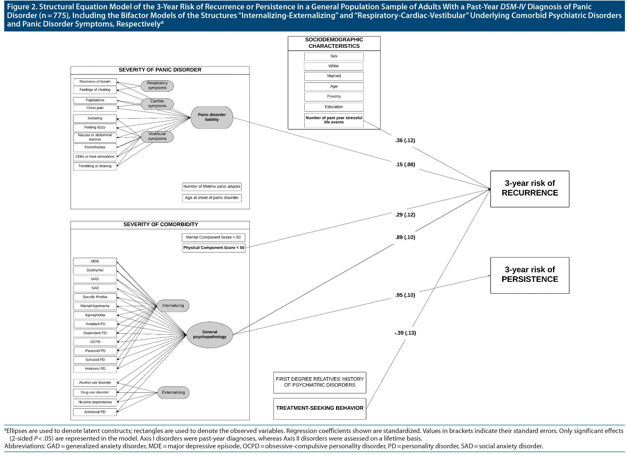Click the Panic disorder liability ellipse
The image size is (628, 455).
(x=212, y=117)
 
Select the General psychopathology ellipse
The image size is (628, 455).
(x=210, y=335)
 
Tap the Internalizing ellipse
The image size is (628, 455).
(x=173, y=306)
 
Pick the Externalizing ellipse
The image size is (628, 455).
(x=173, y=393)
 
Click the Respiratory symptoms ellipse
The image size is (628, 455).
(x=157, y=86)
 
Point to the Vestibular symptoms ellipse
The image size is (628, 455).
(x=157, y=136)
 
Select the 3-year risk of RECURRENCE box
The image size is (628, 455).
(x=529, y=189)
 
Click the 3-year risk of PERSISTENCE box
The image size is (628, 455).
(x=529, y=275)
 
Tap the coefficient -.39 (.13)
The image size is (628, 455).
(x=405, y=333)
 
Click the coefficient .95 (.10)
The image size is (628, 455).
(x=405, y=295)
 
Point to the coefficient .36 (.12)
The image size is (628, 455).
(x=405, y=140)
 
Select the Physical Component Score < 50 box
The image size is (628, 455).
(x=213, y=248)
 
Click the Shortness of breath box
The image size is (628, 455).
(x=95, y=82)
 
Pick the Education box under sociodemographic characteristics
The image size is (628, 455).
(x=334, y=107)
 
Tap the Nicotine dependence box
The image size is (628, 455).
(x=95, y=402)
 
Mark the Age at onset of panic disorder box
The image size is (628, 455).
(x=212, y=198)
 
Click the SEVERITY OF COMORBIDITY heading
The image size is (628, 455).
(x=161, y=224)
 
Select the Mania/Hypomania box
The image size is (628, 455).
(x=95, y=306)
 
